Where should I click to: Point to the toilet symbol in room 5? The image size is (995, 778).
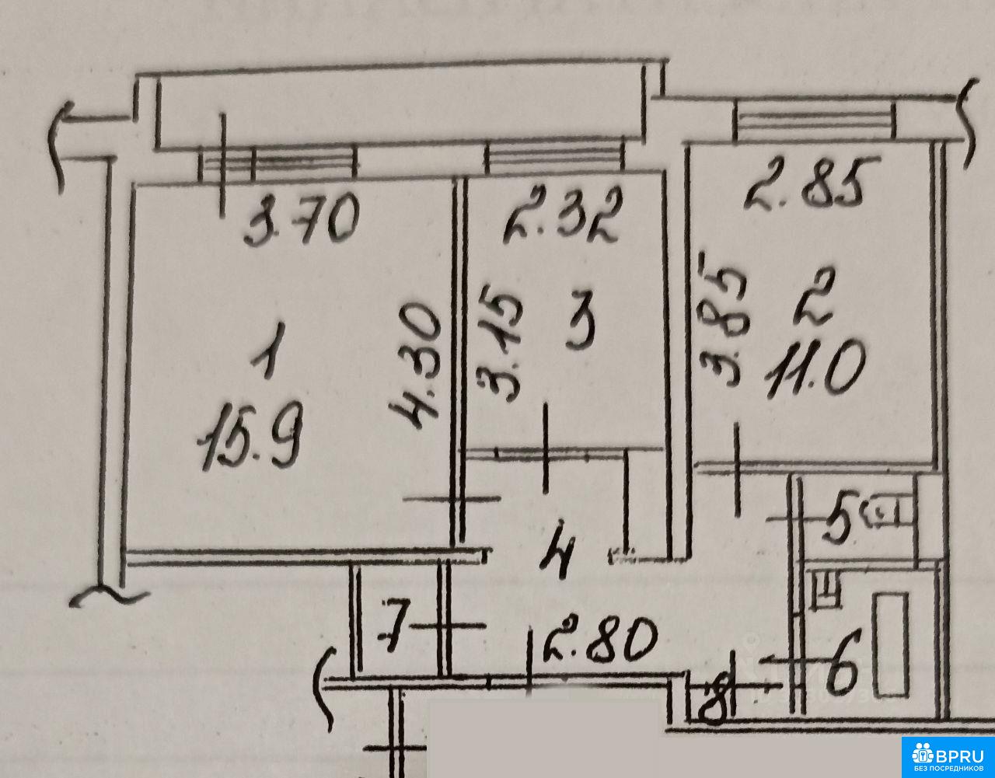pyautogui.click(x=889, y=513)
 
